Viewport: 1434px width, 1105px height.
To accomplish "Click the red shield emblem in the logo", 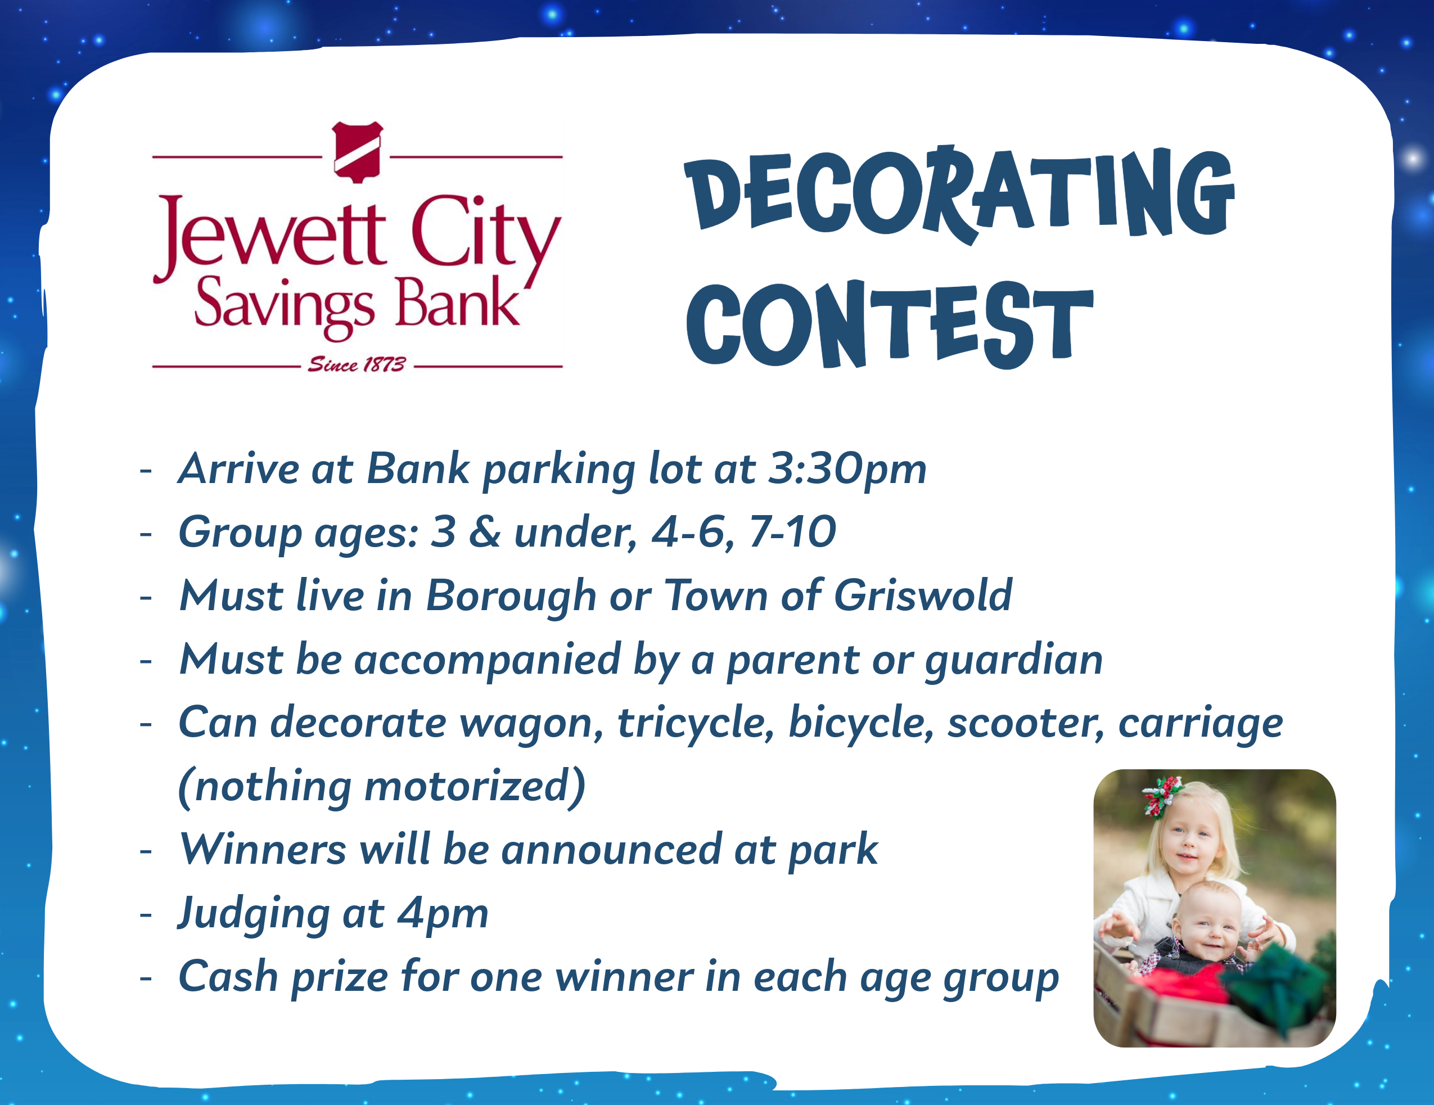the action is pyautogui.click(x=357, y=152).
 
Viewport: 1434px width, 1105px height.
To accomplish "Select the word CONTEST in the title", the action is pyautogui.click(x=890, y=324).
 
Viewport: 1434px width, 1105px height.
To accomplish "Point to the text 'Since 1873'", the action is pyautogui.click(x=357, y=364).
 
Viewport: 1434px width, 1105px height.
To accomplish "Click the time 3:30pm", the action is pyautogui.click(x=847, y=469).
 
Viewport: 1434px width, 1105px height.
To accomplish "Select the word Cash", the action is pyautogui.click(x=228, y=976).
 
